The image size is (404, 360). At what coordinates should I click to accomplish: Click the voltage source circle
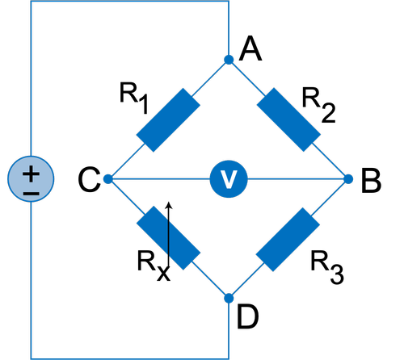tap(31, 179)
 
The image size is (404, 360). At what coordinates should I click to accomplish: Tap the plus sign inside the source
tap(31, 172)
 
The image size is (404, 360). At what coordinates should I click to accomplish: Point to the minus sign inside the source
tap(31, 194)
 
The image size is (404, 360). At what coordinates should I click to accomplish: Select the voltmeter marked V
tap(229, 179)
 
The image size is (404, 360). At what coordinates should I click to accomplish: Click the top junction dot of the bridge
tap(229, 60)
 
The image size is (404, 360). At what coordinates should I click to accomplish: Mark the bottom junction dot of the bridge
tap(229, 298)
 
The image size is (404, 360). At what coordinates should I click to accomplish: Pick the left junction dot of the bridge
tap(108, 179)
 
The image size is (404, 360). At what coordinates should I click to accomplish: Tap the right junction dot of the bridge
tap(348, 179)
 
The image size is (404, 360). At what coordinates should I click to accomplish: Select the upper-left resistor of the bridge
tap(168, 119)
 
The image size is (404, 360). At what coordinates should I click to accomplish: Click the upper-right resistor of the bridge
tap(288, 119)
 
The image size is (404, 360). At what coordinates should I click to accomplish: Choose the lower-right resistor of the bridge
tap(288, 239)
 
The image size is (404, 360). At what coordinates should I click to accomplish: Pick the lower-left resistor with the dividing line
tap(168, 238)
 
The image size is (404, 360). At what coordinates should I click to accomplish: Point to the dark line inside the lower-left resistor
tap(169, 238)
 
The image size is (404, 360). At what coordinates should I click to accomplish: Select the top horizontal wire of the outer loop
tap(129, 2)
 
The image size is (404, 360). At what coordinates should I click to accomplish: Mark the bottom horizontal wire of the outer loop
tap(129, 358)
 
